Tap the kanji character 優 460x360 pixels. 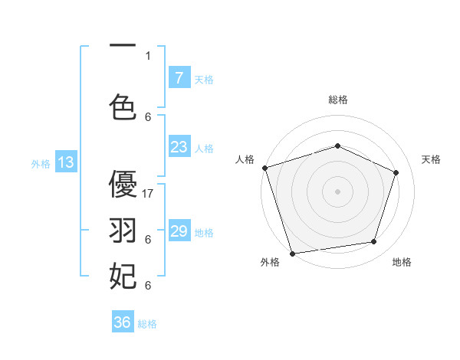pyautogui.click(x=123, y=185)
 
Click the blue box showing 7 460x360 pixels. pyautogui.click(x=179, y=78)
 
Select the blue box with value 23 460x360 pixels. pyautogui.click(x=179, y=147)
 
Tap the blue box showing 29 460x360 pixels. pyautogui.click(x=179, y=231)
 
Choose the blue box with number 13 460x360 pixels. pyautogui.click(x=66, y=162)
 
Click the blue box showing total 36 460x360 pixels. pyautogui.click(x=123, y=322)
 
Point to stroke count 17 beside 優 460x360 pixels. pyautogui.click(x=149, y=194)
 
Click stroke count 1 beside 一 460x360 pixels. pyautogui.click(x=148, y=55)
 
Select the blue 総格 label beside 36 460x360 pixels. pyautogui.click(x=148, y=324)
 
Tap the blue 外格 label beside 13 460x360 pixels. pyautogui.click(x=41, y=163)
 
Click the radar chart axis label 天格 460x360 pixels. pyautogui.click(x=432, y=159)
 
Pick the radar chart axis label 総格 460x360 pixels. pyautogui.click(x=338, y=100)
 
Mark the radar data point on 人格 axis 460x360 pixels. pyautogui.click(x=264, y=168)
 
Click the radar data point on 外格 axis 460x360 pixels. pyautogui.click(x=292, y=253)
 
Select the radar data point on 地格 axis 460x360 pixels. pyautogui.click(x=374, y=242)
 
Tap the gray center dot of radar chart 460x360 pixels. pyautogui.click(x=337, y=191)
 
